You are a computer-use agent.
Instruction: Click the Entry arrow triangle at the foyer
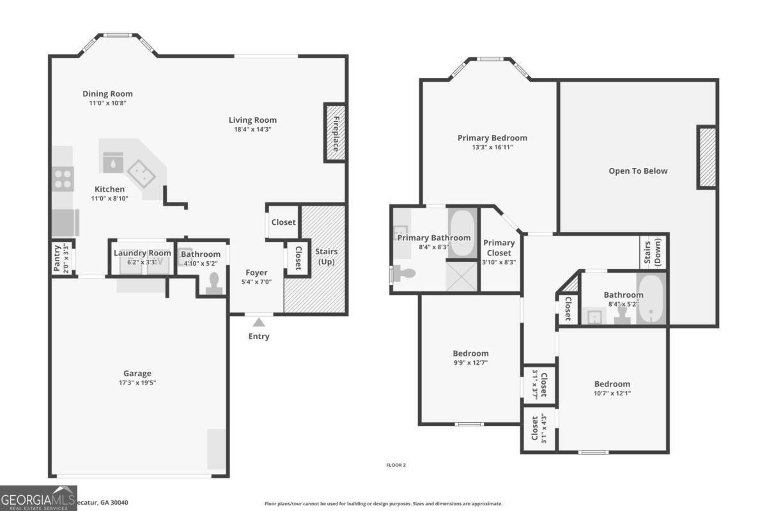(x=258, y=322)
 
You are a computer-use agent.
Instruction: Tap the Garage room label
(x=137, y=374)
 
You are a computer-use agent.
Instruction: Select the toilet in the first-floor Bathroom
(x=214, y=282)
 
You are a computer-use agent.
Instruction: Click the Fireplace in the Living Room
(x=336, y=133)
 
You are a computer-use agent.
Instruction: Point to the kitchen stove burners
(x=63, y=178)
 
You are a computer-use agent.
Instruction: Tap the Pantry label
(x=57, y=258)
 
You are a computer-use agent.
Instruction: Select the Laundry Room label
(x=142, y=254)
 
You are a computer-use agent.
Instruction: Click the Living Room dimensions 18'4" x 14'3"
(x=252, y=130)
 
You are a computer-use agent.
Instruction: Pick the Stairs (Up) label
(x=327, y=257)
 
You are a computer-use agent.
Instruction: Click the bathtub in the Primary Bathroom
(x=461, y=233)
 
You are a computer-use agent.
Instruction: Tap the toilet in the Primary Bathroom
(x=403, y=273)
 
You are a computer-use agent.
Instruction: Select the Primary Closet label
(x=499, y=247)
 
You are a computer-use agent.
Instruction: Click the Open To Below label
(x=638, y=171)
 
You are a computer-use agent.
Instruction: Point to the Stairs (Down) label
(x=653, y=253)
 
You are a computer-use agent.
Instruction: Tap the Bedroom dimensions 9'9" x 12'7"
(x=470, y=363)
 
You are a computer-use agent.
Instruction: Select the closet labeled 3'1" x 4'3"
(x=539, y=429)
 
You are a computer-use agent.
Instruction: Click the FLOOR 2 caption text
(x=396, y=465)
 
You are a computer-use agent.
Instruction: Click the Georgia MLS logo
(x=38, y=498)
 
